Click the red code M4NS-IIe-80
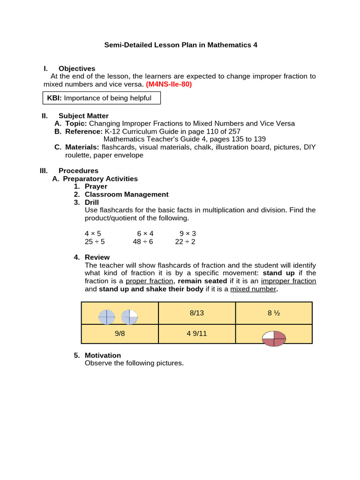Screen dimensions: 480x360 (x=169, y=84)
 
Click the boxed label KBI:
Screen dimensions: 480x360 (x=54, y=98)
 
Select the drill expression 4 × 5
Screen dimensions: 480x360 (x=93, y=233)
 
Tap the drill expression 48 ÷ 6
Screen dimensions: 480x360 (x=143, y=241)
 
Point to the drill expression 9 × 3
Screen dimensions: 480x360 (x=188, y=233)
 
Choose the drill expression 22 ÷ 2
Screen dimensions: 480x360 (x=185, y=241)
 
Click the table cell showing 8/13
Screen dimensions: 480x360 (x=197, y=313)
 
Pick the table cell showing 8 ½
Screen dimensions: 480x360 (x=274, y=313)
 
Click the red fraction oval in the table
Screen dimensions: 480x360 (x=273, y=338)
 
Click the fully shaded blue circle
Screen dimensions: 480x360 (x=106, y=317)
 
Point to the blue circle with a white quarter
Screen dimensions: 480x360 (x=129, y=317)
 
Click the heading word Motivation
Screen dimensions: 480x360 (x=103, y=355)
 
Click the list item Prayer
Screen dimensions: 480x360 (x=96, y=187)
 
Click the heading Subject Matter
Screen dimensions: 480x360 (x=83, y=116)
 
